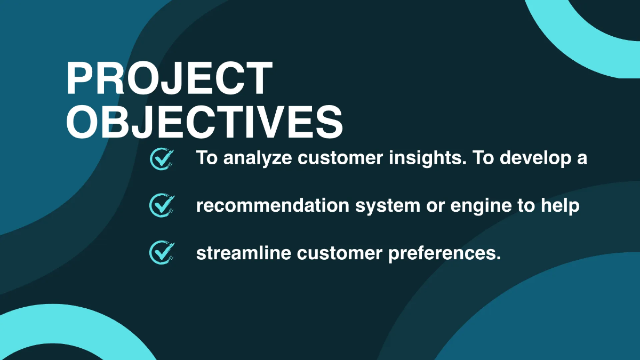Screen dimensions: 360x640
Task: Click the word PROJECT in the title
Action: tap(169, 79)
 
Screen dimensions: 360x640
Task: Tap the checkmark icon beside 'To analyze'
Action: tap(162, 158)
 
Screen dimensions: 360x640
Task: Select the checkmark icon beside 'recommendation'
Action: tap(162, 206)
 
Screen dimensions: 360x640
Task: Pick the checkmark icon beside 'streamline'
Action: tap(162, 253)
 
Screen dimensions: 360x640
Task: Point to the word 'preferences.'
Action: tap(444, 253)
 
